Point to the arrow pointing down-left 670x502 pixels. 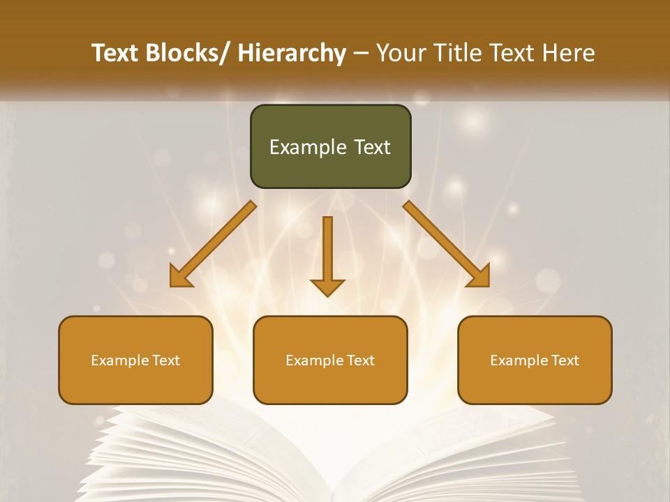click(x=213, y=244)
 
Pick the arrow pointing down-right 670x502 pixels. click(x=447, y=244)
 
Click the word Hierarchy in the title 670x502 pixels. click(x=292, y=53)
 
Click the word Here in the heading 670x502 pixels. click(x=569, y=53)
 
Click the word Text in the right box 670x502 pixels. click(x=564, y=360)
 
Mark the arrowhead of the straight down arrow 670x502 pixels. click(x=327, y=287)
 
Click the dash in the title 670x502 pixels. click(x=361, y=53)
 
